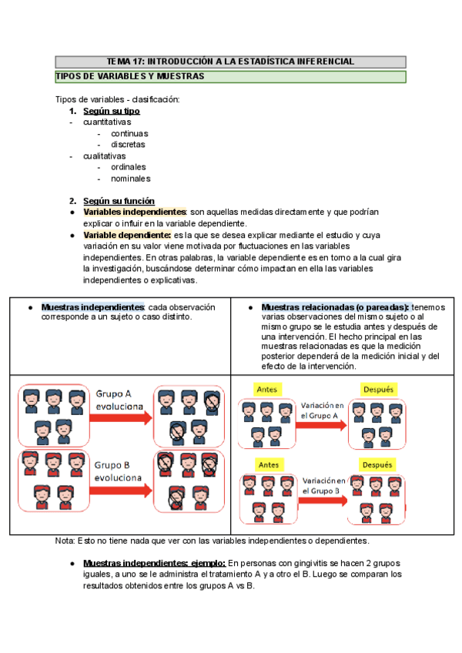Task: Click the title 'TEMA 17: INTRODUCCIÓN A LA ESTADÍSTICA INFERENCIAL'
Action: pos(230,62)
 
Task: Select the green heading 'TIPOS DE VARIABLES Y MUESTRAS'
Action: pos(130,77)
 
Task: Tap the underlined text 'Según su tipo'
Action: pos(112,111)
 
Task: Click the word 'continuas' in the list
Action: pos(129,133)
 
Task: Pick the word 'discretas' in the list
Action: pos(128,144)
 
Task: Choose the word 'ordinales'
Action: pos(129,166)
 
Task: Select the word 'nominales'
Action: pos(130,178)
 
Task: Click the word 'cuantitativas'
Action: pos(107,122)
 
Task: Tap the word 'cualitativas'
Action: pos(105,156)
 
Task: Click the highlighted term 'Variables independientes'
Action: pos(135,212)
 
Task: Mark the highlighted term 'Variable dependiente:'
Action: pos(127,235)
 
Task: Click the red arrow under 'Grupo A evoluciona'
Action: pos(120,418)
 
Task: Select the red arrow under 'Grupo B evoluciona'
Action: pos(120,491)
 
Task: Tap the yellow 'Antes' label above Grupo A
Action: pos(268,390)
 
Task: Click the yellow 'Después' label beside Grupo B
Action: pos(377,465)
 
